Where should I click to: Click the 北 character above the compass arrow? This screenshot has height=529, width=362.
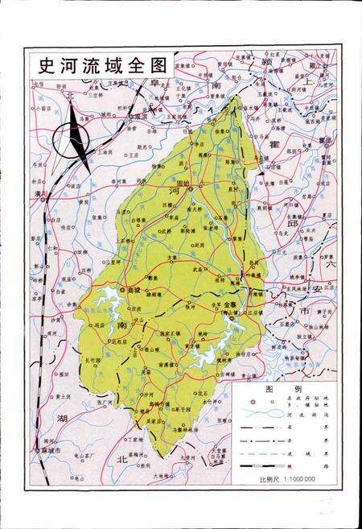[x=71, y=94]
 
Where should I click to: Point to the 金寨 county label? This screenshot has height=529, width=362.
[x=230, y=304]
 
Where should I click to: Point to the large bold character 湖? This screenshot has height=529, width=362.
[x=62, y=419]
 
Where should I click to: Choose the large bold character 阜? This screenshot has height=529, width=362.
[x=157, y=84]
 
